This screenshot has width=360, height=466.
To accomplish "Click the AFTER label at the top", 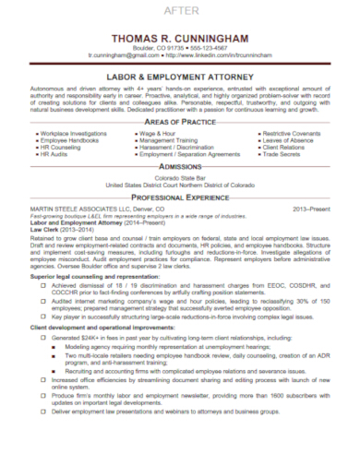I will [179, 9].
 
